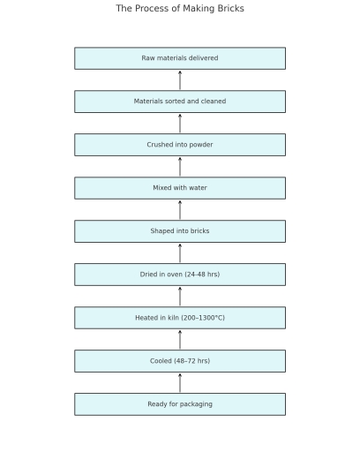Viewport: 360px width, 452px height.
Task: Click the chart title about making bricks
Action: click(180, 9)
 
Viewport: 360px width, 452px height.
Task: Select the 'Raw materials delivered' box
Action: click(180, 58)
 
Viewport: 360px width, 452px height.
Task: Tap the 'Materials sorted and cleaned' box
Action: click(180, 102)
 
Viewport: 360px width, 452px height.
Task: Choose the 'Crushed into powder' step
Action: click(180, 145)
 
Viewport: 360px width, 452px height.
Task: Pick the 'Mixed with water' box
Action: click(180, 188)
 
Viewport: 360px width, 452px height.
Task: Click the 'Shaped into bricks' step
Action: click(180, 231)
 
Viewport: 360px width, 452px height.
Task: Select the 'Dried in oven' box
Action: click(180, 275)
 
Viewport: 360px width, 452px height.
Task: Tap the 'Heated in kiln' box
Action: click(180, 318)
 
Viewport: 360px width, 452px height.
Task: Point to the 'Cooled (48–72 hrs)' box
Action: click(180, 361)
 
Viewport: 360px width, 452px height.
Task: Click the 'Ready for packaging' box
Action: click(180, 404)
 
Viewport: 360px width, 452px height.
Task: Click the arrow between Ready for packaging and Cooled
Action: click(180, 383)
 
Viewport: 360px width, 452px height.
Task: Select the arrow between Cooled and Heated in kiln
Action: click(180, 340)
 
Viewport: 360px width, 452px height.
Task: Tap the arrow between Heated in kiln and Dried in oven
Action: click(180, 297)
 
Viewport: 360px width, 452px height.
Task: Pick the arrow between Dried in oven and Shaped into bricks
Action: click(180, 253)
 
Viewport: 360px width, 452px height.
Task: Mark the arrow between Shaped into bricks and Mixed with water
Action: click(180, 210)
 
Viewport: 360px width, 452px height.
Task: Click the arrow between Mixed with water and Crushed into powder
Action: click(180, 167)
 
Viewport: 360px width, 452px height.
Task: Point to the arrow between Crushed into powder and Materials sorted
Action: click(180, 124)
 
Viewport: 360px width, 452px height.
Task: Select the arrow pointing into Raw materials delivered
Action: click(180, 80)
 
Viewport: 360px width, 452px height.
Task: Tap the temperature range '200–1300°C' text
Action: click(203, 318)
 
